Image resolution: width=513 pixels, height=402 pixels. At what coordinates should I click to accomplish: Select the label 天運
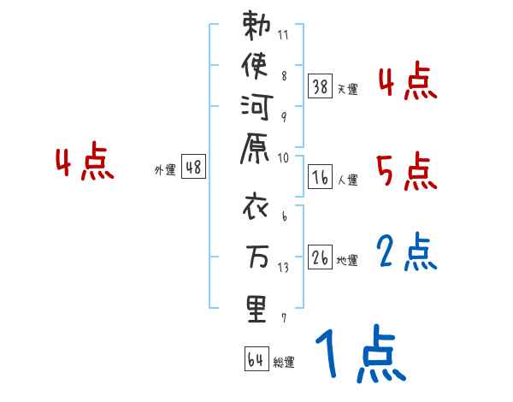[x=347, y=89]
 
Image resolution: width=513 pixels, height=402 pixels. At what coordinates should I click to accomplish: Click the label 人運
[x=347, y=180]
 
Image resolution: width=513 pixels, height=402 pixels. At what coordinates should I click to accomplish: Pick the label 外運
[x=165, y=170]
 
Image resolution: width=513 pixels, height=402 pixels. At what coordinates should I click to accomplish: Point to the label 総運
[x=284, y=363]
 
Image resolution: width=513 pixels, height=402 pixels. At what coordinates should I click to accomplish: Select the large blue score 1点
[x=359, y=355]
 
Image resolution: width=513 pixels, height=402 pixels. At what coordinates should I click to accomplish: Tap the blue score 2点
[x=407, y=252]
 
